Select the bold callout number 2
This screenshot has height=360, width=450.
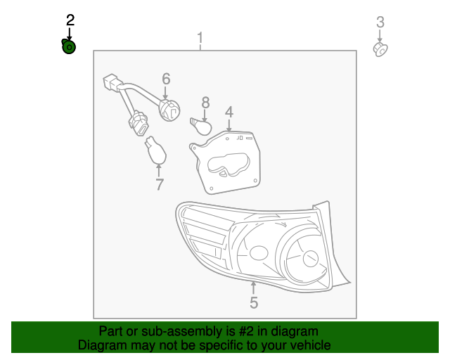[x=70, y=20]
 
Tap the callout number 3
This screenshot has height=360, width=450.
[x=380, y=22]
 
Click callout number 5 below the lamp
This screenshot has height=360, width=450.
[x=254, y=303]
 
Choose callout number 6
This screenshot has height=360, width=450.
[x=167, y=79]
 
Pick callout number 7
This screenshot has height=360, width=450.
[x=160, y=185]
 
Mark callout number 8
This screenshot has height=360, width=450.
[x=205, y=103]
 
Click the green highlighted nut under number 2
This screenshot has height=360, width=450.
[x=69, y=47]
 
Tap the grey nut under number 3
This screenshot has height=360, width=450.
[x=380, y=49]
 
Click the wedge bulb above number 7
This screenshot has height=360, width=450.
[x=155, y=150]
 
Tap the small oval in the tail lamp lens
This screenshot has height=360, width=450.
[x=259, y=253]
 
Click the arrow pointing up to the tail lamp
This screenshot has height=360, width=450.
[x=254, y=286]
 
